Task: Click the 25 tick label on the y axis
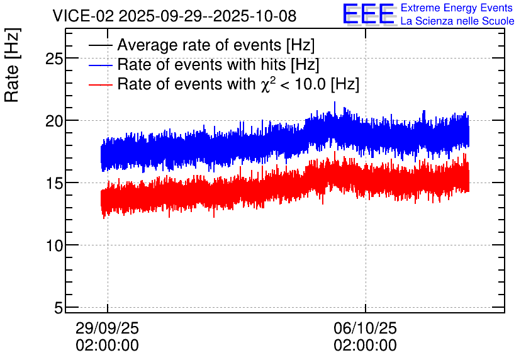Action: coord(54,59)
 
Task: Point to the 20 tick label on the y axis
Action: coord(54,121)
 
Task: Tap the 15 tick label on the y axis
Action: coord(54,184)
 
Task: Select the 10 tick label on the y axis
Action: coord(54,246)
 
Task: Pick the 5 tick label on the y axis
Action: coord(59,308)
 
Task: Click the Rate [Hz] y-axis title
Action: coord(12,65)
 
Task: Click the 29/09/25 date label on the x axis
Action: coord(107,328)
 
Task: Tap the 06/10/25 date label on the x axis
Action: coord(365,328)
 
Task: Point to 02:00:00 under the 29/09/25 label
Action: coord(107,346)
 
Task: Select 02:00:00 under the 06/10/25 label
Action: coord(365,346)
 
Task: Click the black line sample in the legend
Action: coord(100,45)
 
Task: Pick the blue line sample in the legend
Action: coord(100,65)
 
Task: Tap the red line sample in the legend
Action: coord(100,84)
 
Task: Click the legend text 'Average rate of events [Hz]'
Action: coord(216,45)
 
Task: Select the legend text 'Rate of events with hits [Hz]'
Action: coord(218,65)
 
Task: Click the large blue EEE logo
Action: coord(369,14)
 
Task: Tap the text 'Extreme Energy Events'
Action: coord(457,8)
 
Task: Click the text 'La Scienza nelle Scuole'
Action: coord(457,21)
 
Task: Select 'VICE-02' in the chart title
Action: coord(83,16)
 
